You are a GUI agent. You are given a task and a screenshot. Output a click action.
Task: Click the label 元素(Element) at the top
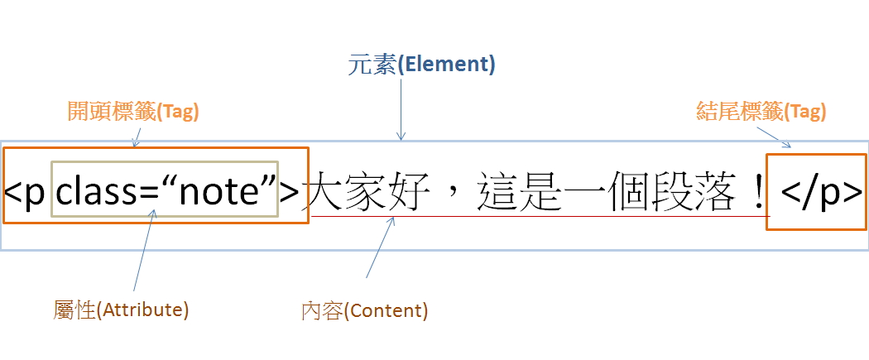(420, 65)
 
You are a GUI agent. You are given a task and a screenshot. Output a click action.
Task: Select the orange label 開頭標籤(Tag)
(133, 112)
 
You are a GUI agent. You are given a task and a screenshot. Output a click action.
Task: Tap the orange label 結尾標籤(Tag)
(761, 112)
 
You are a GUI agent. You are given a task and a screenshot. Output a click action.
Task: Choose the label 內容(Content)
(364, 311)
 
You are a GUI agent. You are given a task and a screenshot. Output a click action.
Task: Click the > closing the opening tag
(289, 192)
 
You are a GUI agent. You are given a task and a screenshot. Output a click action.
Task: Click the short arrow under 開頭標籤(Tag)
(137, 137)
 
